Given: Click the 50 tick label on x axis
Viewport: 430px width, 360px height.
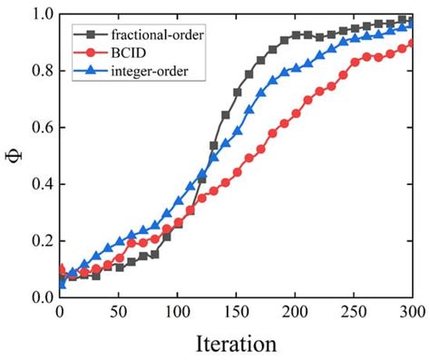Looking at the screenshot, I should point(119,311).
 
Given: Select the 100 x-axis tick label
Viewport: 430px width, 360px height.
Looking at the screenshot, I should point(177,311).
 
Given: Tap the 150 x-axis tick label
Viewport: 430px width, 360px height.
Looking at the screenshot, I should point(236,311).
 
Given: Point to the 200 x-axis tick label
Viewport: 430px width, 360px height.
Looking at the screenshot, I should point(295,311).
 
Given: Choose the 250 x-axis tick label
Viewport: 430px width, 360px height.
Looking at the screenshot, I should point(354,311).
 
